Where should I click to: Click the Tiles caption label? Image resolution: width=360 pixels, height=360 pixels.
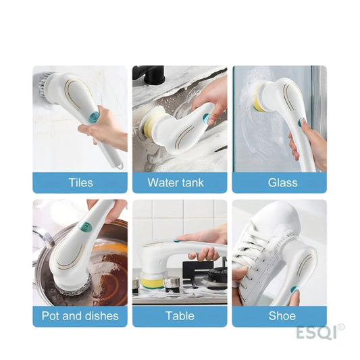(81, 183)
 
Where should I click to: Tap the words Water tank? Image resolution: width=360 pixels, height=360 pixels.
(176, 183)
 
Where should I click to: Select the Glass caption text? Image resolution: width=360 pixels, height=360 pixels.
(282, 183)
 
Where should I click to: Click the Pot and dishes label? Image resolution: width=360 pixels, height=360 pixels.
(80, 315)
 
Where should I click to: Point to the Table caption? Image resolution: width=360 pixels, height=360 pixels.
(180, 315)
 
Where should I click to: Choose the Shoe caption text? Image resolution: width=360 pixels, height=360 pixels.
(282, 315)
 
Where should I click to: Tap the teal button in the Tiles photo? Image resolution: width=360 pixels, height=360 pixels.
(94, 117)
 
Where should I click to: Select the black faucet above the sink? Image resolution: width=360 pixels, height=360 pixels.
(149, 74)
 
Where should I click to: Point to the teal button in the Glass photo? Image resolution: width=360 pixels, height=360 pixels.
(301, 122)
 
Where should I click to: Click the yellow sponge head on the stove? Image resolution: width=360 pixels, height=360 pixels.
(153, 283)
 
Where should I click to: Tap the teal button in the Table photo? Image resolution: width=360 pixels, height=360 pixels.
(177, 240)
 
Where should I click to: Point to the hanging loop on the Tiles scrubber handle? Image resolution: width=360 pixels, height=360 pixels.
(120, 166)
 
